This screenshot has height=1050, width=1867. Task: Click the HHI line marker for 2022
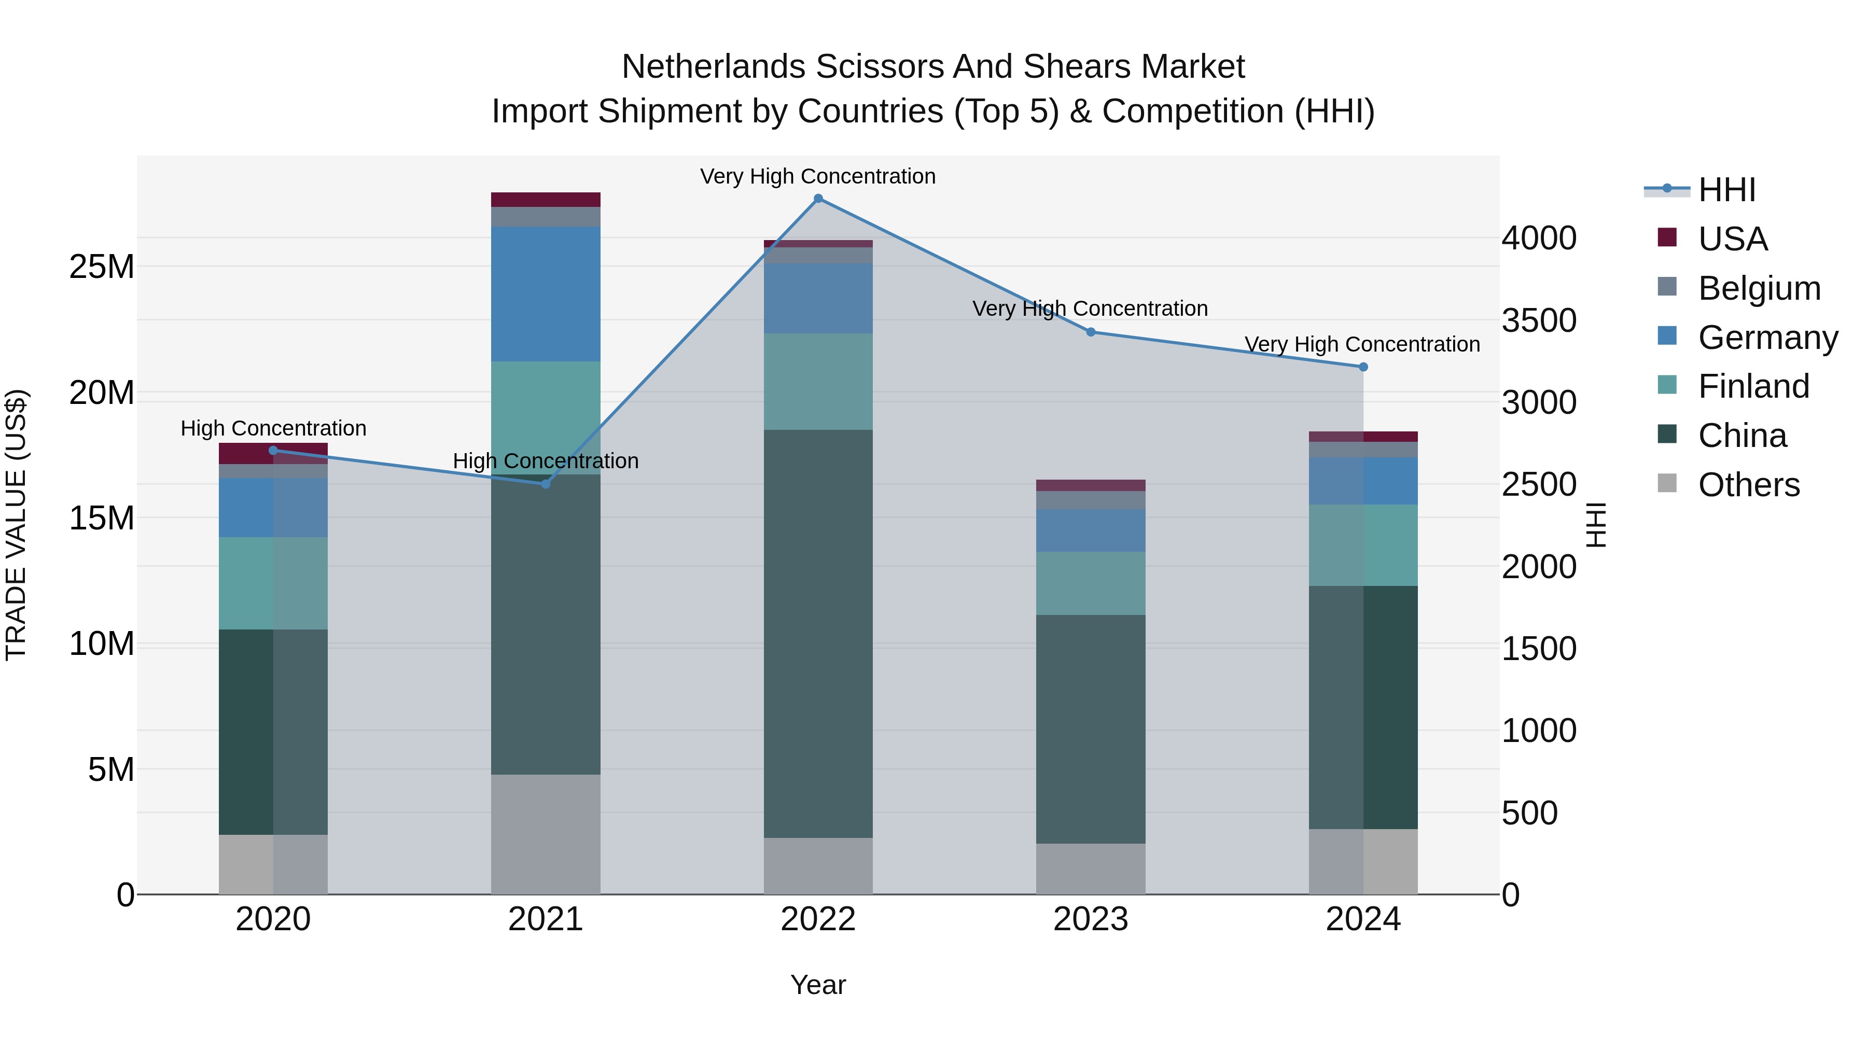click(x=818, y=199)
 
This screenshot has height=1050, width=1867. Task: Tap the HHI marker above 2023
click(x=1091, y=332)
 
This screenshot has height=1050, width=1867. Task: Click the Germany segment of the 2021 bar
click(x=546, y=293)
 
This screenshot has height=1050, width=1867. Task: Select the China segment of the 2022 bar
click(x=818, y=634)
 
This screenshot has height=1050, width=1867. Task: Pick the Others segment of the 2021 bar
click(x=546, y=834)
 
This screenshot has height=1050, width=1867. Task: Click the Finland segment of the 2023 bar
click(x=1091, y=583)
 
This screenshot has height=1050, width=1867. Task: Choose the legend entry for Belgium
click(x=1759, y=288)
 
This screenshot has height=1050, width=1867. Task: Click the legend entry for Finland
click(x=1753, y=386)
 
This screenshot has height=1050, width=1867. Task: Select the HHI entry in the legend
click(x=1726, y=190)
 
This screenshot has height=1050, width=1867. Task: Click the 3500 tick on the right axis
click(x=1539, y=320)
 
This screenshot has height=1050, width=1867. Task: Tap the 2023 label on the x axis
click(x=1091, y=919)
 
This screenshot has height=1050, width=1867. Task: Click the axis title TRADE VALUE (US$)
click(x=16, y=525)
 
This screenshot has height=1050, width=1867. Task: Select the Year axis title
click(x=818, y=985)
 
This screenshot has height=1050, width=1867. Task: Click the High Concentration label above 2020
click(x=273, y=428)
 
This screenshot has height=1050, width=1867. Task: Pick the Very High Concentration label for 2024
click(x=1362, y=344)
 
